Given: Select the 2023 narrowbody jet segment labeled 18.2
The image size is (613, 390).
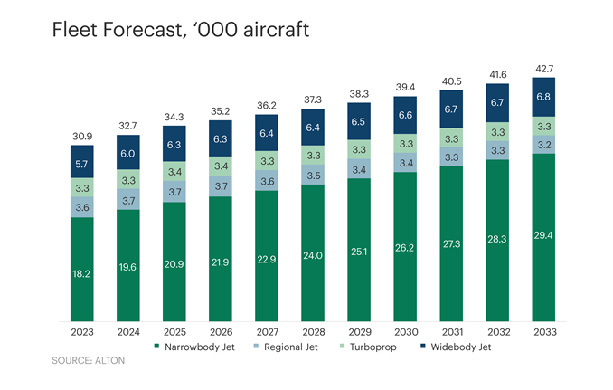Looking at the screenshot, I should [x=82, y=271].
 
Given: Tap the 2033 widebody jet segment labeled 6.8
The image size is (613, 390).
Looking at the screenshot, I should [x=543, y=97].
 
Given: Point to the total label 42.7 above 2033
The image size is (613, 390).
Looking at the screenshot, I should [x=543, y=69].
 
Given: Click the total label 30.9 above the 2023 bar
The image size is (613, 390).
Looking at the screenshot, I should [x=82, y=137].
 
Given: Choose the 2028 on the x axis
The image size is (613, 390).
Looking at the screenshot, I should [x=313, y=331].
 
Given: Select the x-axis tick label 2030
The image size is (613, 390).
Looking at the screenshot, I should [x=405, y=331].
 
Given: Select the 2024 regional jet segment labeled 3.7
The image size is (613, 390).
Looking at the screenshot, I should [x=128, y=200].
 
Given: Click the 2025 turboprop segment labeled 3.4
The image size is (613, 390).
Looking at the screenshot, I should [x=174, y=171].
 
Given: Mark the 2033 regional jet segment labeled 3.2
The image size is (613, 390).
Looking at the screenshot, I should [x=543, y=144].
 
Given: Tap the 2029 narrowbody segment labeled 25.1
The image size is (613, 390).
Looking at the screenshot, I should [x=359, y=250].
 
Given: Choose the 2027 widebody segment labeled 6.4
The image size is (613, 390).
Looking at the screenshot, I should [x=267, y=133].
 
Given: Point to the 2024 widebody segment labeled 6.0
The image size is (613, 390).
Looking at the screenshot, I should [x=128, y=154].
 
